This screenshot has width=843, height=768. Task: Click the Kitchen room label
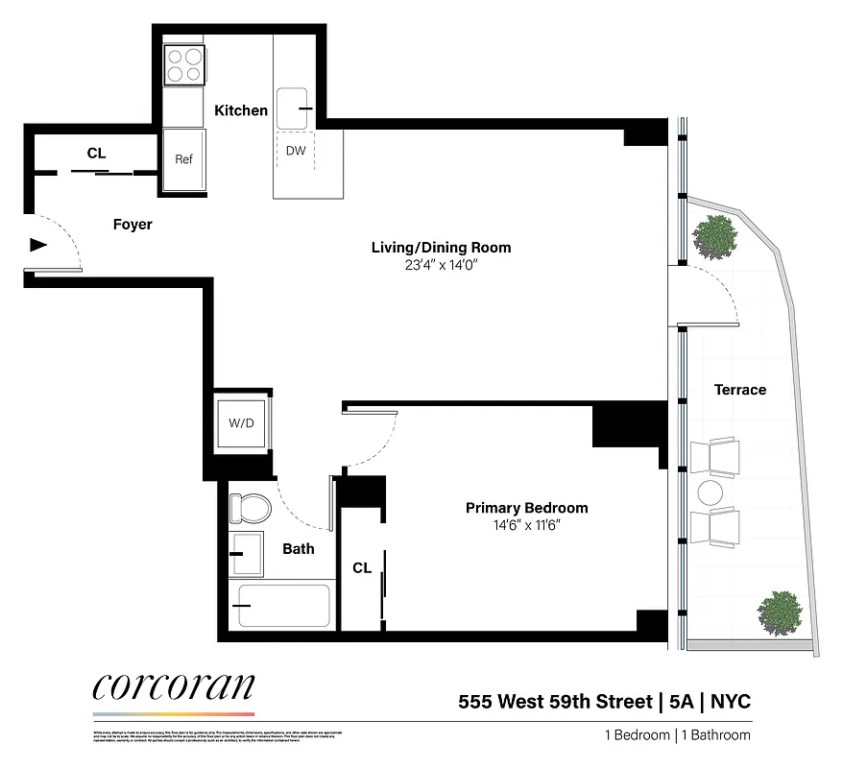[x=241, y=110]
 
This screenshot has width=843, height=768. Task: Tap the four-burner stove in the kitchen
[x=185, y=64]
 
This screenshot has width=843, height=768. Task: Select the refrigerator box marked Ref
[x=183, y=159]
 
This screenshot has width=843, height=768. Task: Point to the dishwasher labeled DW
[x=296, y=151]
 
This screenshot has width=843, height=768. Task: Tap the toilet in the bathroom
[x=248, y=507]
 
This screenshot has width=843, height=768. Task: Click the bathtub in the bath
[x=282, y=605]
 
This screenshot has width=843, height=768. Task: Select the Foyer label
[x=132, y=225]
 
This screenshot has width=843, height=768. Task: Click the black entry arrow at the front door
[x=38, y=245]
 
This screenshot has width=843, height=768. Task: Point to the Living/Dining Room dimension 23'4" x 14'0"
[x=441, y=266]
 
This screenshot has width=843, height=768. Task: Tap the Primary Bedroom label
[x=526, y=508]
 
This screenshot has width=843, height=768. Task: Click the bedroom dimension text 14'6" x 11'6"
[x=526, y=525]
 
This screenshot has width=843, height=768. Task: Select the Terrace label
[x=740, y=390]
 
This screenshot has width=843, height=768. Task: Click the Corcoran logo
[x=174, y=687]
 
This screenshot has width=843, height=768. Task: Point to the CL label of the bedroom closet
[x=361, y=568]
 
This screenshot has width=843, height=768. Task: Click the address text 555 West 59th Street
[x=555, y=701]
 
